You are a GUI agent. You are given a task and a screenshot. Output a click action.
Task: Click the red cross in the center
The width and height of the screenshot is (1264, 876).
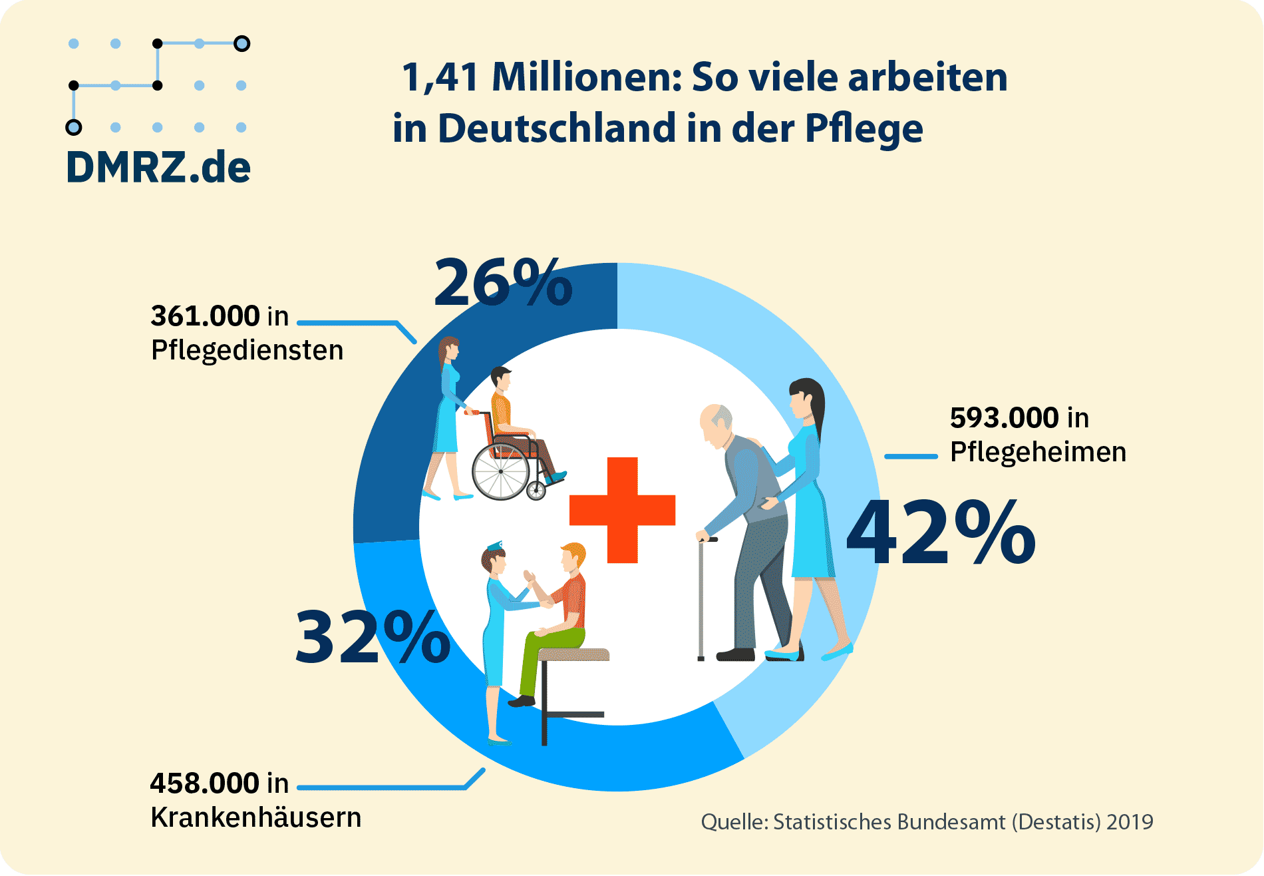tap(623, 510)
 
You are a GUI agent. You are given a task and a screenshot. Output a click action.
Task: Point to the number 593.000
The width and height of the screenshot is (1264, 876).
tap(1004, 418)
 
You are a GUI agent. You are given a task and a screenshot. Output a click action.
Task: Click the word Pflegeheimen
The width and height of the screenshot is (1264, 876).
tap(1038, 452)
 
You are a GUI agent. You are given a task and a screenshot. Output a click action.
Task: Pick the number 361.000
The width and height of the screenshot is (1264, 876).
tap(205, 316)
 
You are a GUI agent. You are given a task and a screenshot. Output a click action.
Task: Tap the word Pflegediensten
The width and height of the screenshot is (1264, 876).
tap(247, 350)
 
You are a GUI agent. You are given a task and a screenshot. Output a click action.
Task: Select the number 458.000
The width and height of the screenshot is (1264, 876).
tap(204, 783)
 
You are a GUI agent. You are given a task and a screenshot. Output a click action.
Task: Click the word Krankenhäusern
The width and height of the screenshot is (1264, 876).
tap(255, 817)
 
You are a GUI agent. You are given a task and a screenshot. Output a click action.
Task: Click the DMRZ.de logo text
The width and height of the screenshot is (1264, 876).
tap(158, 167)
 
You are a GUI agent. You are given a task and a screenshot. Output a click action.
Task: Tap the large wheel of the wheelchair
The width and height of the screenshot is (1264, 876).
tap(500, 473)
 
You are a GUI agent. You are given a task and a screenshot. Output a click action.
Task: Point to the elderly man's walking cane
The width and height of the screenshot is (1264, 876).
tap(701, 599)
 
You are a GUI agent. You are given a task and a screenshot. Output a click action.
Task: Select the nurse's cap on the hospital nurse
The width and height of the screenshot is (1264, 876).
tap(495, 547)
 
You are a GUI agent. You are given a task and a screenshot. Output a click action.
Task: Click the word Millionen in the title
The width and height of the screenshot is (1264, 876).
tap(586, 77)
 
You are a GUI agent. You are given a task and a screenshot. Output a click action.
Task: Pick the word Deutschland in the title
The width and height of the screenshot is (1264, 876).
tap(556, 128)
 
